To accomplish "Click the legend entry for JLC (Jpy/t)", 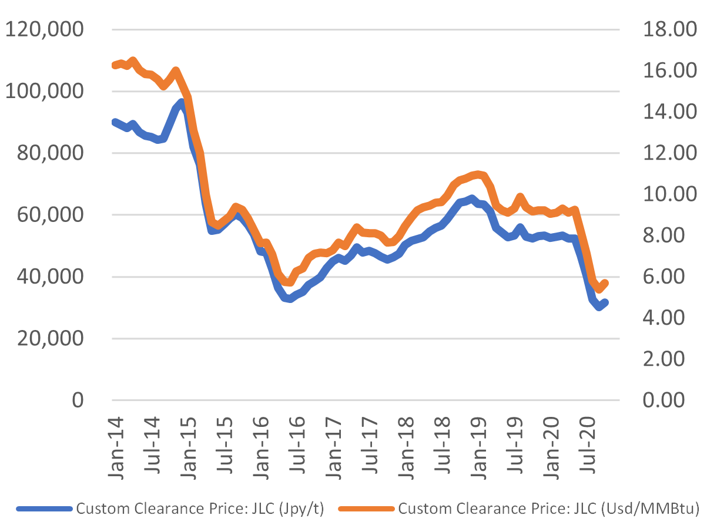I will (200, 509).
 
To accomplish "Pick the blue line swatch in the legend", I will (45, 509).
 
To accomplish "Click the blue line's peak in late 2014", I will (182, 102).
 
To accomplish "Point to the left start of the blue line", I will (113, 122).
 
